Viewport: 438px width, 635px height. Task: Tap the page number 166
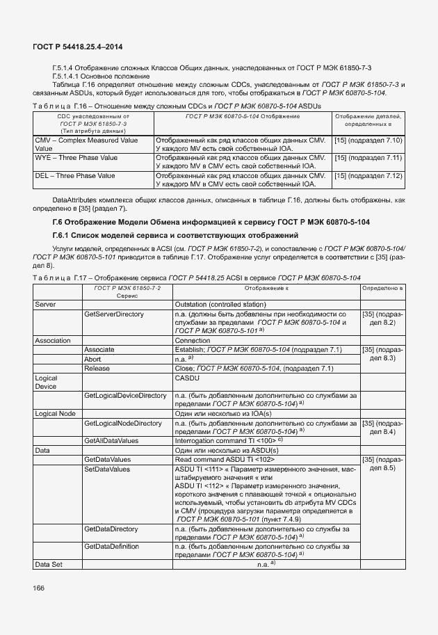pos(38,588)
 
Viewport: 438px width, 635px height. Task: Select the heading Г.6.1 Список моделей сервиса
pos(175,235)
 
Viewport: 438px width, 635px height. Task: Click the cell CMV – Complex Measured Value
pos(86,144)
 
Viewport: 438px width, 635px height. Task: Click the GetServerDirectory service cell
pos(113,314)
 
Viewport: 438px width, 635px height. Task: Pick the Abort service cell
pos(92,358)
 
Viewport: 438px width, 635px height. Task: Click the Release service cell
pos(97,368)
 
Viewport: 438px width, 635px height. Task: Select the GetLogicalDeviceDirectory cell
pos(125,395)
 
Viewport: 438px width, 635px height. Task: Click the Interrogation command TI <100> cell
pos(229,441)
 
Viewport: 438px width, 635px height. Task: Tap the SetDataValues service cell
pos(107,469)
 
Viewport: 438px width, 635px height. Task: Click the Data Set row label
pos(48,564)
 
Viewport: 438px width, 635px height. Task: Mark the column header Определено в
pos(382,287)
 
